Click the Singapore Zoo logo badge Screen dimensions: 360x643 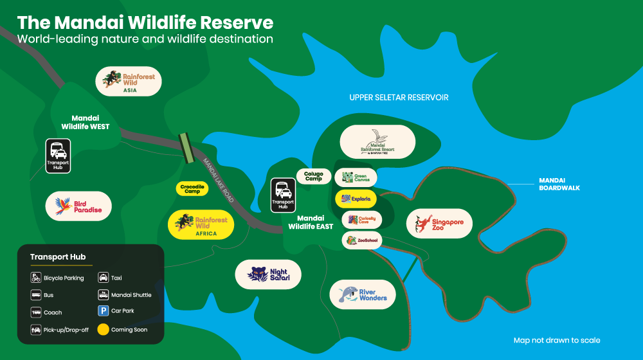click(x=439, y=224)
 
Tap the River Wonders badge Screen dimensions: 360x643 click(x=362, y=294)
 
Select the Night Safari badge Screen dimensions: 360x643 click(x=268, y=274)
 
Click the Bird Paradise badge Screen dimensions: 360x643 click(x=78, y=206)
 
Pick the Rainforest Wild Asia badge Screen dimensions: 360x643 click(x=128, y=82)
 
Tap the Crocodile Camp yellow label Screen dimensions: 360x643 click(x=192, y=188)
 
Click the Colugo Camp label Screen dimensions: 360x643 click(x=314, y=175)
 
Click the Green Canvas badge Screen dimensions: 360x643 click(x=356, y=177)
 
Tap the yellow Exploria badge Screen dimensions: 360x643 click(x=356, y=199)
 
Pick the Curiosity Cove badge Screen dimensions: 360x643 click(x=362, y=220)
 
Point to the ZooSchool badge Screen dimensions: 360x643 click(x=362, y=240)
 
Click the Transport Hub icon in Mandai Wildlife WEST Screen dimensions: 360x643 click(x=58, y=156)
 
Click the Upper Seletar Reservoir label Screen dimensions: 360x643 click(x=399, y=98)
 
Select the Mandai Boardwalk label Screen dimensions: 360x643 click(x=559, y=184)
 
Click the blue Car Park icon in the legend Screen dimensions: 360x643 click(x=103, y=311)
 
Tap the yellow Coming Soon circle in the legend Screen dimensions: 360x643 click(x=103, y=329)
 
